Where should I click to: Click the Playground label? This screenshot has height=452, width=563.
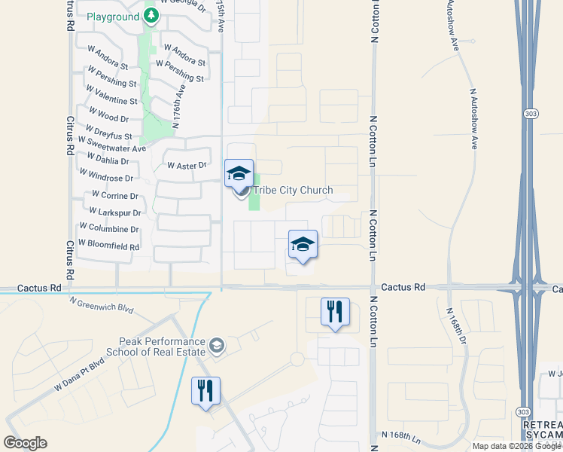113,17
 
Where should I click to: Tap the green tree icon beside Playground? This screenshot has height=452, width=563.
151,16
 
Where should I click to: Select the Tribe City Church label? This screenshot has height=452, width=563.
292,190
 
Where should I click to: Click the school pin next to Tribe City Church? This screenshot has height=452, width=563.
239,173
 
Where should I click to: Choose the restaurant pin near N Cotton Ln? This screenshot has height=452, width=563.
335,311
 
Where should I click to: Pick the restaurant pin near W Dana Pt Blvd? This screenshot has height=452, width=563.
205,390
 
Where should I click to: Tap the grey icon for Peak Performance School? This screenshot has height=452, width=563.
217,346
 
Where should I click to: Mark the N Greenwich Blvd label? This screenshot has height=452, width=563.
101,304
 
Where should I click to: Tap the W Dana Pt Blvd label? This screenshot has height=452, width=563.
78,376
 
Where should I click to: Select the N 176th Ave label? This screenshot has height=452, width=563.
178,110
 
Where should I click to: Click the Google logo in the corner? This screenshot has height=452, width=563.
26,442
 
